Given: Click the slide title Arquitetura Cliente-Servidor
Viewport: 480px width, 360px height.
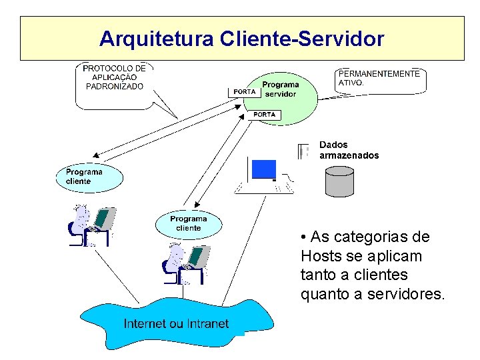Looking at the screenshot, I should pyautogui.click(x=241, y=39).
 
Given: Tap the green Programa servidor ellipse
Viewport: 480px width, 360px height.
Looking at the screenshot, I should pyautogui.click(x=280, y=94).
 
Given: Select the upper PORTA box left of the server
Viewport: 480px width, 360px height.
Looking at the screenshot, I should pyautogui.click(x=245, y=92).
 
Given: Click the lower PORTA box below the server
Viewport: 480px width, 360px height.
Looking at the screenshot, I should pyautogui.click(x=264, y=115).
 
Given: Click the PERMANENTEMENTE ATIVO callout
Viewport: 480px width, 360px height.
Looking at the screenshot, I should pyautogui.click(x=379, y=79).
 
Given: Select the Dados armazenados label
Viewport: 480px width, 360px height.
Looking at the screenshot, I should pyautogui.click(x=349, y=150).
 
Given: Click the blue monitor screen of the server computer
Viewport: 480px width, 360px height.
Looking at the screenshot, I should pyautogui.click(x=263, y=170).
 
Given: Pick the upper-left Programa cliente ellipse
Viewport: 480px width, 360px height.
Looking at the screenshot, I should pyautogui.click(x=89, y=177).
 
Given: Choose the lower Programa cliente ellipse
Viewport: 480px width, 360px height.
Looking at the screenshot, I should pyautogui.click(x=189, y=223).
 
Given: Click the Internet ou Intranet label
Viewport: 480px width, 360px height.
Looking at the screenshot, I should pyautogui.click(x=176, y=324).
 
